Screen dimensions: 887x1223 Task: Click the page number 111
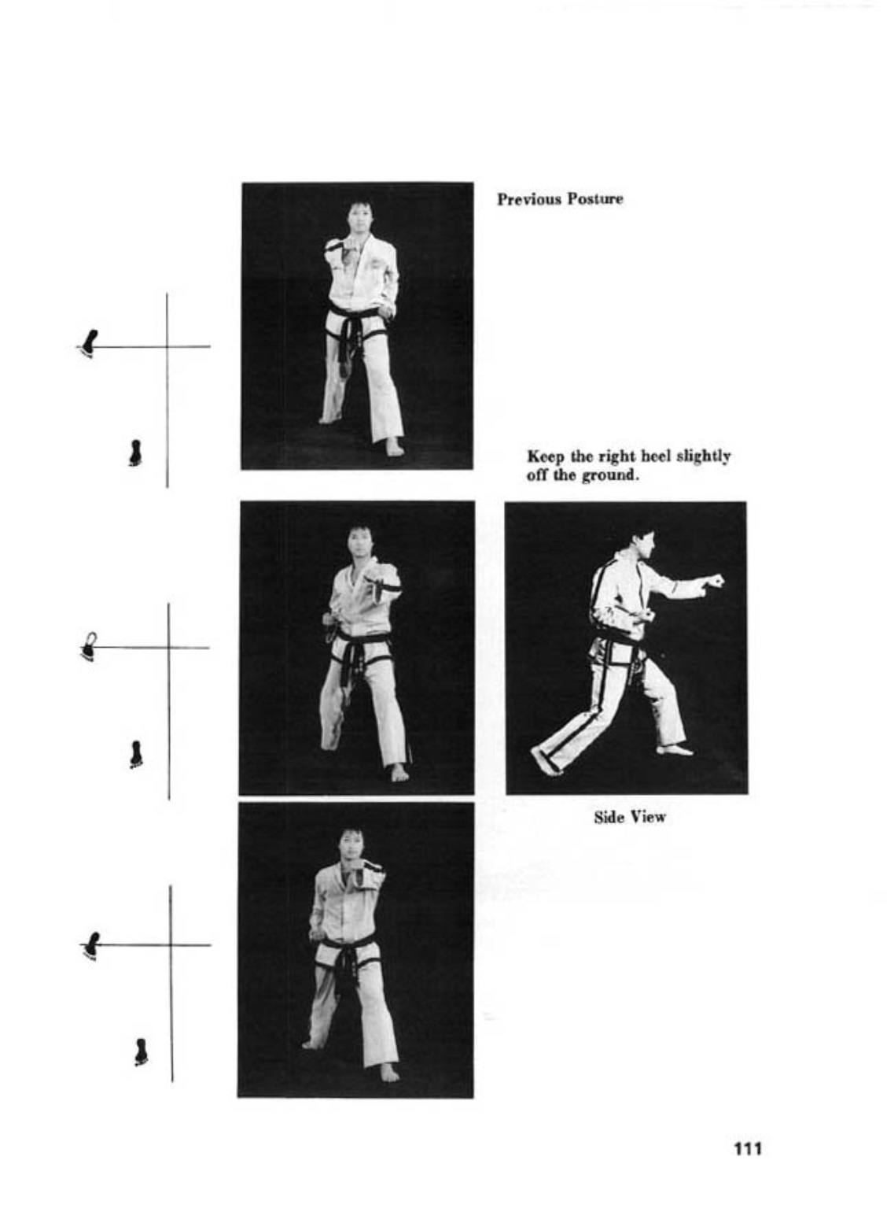point(748,1148)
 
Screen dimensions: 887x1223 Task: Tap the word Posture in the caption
point(595,199)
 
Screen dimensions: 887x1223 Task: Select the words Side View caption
point(630,818)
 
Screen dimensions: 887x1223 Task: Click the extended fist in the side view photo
point(713,581)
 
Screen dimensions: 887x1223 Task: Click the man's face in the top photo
point(357,218)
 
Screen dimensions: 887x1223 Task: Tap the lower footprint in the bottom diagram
point(142,1051)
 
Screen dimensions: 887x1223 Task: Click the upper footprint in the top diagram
point(89,343)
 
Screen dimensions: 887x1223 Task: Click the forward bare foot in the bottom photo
point(389,1071)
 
